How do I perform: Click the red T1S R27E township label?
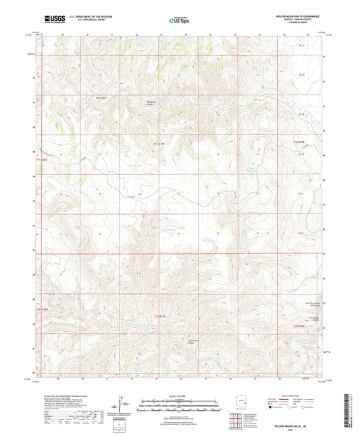(158, 143)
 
